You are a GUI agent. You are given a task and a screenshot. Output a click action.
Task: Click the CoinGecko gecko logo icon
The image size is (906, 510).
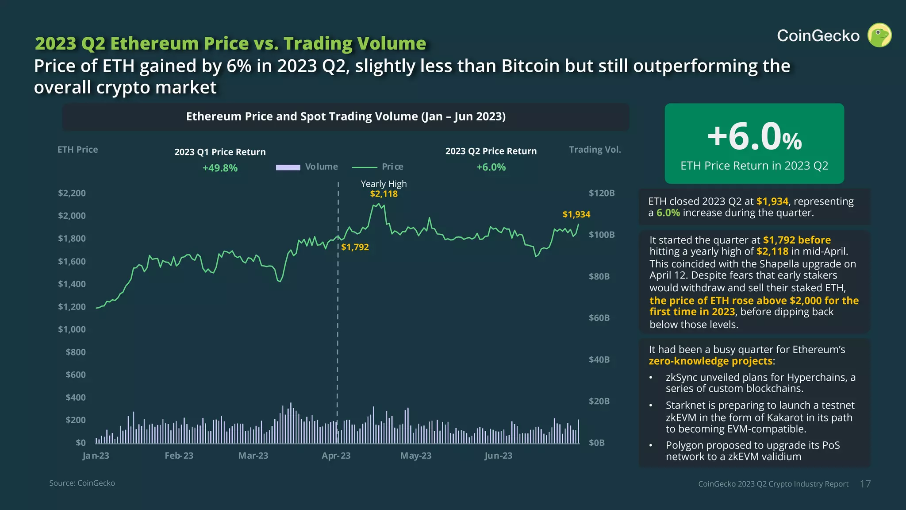tap(879, 35)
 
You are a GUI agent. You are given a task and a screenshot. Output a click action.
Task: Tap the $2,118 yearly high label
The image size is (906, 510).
tap(384, 194)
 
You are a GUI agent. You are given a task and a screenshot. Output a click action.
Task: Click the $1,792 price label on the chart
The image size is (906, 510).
tap(355, 247)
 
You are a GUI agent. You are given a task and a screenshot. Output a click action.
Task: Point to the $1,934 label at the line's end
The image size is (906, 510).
tap(576, 214)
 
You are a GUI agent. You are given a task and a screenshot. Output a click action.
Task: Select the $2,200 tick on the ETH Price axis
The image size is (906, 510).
tap(72, 193)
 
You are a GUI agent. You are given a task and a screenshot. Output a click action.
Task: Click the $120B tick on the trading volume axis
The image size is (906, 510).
tap(601, 193)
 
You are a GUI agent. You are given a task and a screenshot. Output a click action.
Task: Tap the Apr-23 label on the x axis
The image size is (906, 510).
tap(336, 456)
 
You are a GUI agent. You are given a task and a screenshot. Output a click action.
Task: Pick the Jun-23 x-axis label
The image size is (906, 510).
tap(498, 456)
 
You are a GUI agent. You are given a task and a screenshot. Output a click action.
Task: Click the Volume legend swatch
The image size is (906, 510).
tap(288, 167)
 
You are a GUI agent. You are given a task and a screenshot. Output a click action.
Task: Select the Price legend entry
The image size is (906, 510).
tap(392, 167)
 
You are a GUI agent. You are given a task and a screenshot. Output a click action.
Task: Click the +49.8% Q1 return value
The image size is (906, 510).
tap(220, 168)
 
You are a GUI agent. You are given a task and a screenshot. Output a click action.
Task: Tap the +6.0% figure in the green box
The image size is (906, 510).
tap(754, 137)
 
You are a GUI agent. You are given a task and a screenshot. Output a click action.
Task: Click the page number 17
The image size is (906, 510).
tap(865, 484)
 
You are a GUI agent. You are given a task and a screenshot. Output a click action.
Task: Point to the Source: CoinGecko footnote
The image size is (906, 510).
tap(82, 483)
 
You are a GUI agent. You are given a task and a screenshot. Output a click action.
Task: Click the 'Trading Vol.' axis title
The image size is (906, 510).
tap(595, 150)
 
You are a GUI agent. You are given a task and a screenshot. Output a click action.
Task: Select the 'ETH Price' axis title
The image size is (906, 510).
tap(77, 150)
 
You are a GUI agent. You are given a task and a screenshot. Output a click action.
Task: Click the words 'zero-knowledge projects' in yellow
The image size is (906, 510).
tap(710, 361)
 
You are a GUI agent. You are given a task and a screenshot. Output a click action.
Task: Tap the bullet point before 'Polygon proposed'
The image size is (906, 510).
tap(651, 445)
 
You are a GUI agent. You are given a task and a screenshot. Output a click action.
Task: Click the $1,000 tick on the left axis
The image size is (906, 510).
tap(72, 329)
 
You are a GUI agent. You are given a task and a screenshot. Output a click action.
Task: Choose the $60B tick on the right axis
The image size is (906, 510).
tap(599, 318)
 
